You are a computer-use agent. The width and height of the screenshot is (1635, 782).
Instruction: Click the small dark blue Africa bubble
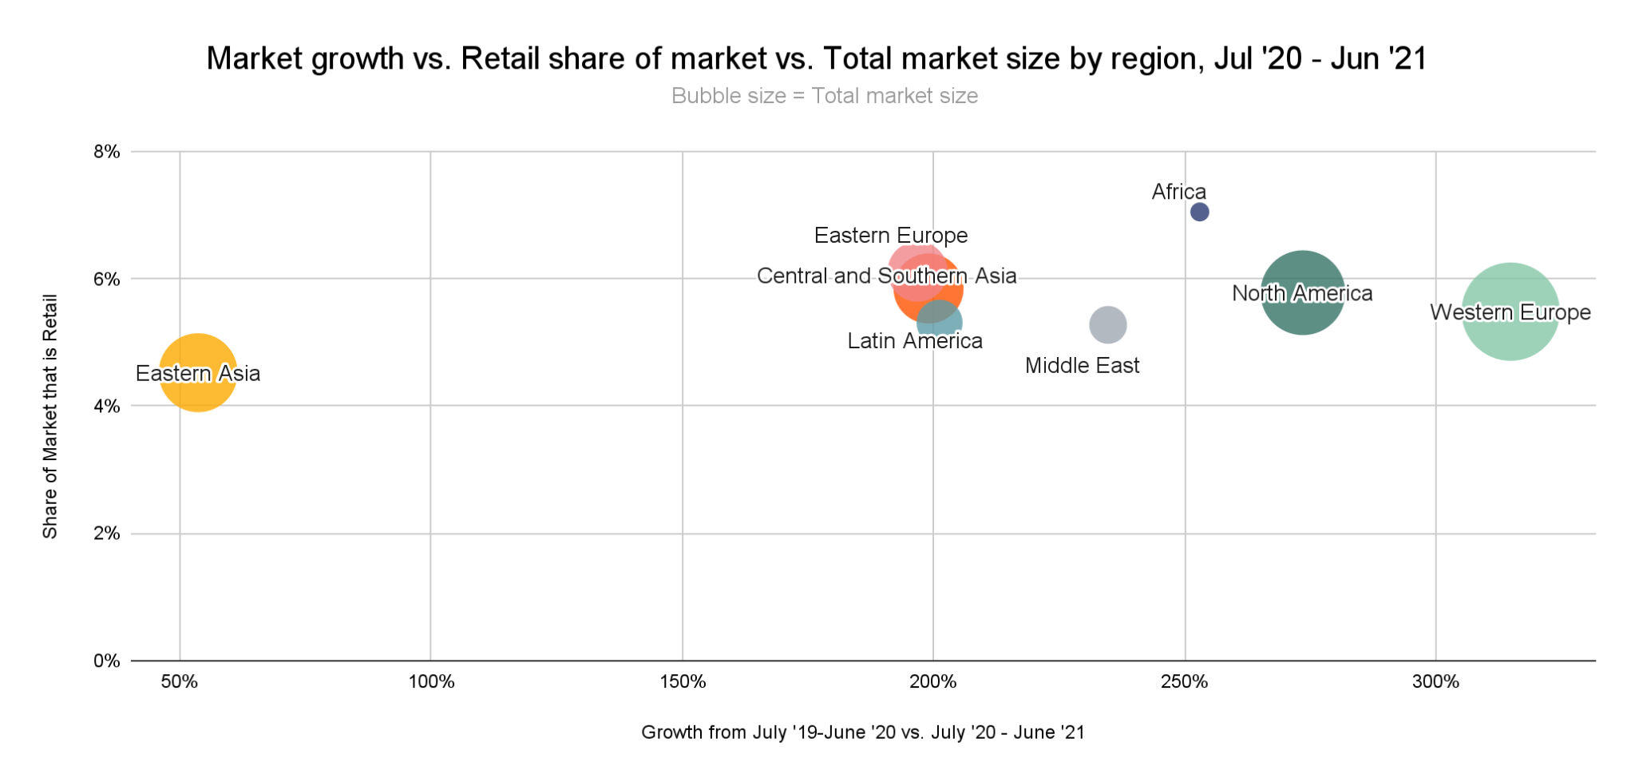click(x=1199, y=212)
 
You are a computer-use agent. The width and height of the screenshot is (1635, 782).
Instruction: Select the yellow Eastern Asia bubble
click(x=197, y=372)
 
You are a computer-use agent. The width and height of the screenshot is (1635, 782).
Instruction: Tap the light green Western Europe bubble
click(x=1510, y=312)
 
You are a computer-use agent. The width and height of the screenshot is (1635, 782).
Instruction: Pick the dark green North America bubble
click(x=1302, y=292)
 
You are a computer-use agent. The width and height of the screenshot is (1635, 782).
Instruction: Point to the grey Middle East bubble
click(x=1107, y=324)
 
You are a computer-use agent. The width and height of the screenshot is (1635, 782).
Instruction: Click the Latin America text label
click(x=914, y=341)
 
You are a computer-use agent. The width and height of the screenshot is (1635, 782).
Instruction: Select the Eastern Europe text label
click(x=890, y=236)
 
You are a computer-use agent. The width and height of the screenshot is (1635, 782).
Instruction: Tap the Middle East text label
click(x=1082, y=366)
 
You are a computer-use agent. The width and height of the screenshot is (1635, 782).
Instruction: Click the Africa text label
click(x=1178, y=192)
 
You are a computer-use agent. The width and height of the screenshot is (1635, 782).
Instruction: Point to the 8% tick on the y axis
click(x=107, y=151)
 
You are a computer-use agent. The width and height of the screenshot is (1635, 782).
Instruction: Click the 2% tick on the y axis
click(x=107, y=533)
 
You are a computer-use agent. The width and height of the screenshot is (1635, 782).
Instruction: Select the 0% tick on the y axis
click(x=107, y=661)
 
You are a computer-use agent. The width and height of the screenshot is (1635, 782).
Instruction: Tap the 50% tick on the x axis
click(x=180, y=682)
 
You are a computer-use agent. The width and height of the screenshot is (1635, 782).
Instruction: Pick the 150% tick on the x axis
click(x=683, y=682)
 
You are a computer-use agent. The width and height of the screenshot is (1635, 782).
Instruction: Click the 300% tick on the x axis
click(x=1435, y=682)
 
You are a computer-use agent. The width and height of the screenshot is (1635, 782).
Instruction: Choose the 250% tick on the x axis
click(x=1185, y=682)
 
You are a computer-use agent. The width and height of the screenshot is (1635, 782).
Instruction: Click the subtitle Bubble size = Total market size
click(x=824, y=96)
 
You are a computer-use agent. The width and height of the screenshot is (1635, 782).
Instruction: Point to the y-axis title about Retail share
click(x=49, y=416)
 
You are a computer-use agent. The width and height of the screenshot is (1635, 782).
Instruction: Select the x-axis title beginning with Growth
click(x=862, y=732)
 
